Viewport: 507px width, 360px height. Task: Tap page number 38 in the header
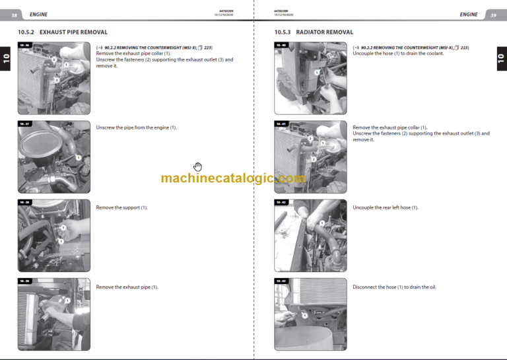click(14, 15)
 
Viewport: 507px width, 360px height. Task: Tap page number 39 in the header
click(492, 15)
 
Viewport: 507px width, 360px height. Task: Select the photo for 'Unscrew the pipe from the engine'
click(53, 156)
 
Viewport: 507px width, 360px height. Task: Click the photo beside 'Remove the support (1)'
click(53, 236)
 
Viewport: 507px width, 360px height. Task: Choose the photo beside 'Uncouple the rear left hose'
click(310, 236)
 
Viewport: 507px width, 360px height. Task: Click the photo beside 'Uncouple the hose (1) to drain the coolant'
click(310, 79)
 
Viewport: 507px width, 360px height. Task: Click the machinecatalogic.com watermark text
click(232, 178)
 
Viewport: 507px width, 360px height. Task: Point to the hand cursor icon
click(197, 167)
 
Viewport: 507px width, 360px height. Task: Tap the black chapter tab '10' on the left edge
click(6, 60)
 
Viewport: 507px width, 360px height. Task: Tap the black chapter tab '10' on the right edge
click(500, 60)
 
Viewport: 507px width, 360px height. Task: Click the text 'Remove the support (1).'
click(121, 207)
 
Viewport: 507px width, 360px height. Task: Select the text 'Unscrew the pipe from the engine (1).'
click(136, 127)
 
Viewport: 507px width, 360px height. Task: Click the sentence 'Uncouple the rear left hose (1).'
click(385, 207)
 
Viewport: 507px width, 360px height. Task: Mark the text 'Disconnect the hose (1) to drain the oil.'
click(394, 287)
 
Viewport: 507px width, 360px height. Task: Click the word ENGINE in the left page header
click(38, 15)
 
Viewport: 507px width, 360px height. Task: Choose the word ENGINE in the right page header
click(469, 15)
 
